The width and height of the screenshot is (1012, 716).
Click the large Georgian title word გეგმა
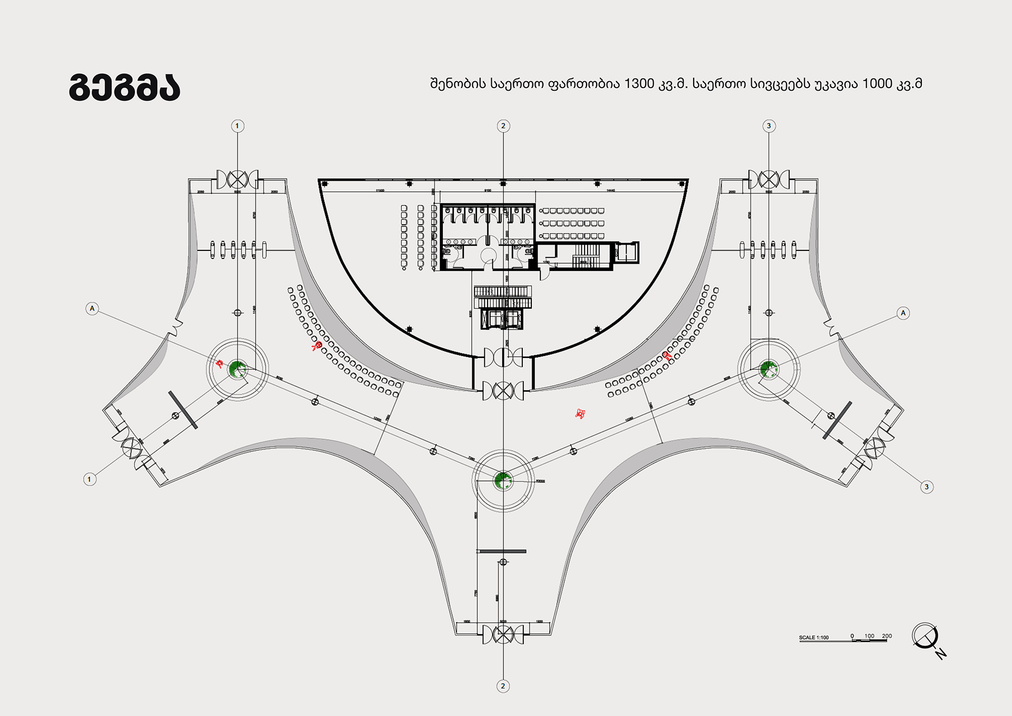[125, 87]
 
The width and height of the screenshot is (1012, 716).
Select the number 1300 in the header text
[639, 84]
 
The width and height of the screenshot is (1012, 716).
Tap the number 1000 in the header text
[877, 84]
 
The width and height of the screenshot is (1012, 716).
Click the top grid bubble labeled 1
[237, 126]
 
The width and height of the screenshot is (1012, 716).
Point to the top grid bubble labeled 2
[503, 126]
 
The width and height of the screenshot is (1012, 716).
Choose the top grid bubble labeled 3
[768, 126]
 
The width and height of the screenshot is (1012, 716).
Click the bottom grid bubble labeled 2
[503, 686]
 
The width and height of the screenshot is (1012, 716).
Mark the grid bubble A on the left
[92, 308]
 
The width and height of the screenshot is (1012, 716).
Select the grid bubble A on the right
[903, 313]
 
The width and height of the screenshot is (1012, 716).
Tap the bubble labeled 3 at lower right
[927, 487]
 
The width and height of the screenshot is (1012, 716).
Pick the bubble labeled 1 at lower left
[90, 479]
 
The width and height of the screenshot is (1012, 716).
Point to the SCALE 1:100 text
[813, 637]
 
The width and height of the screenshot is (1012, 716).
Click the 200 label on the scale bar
[887, 636]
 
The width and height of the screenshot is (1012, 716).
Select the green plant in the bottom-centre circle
[502, 480]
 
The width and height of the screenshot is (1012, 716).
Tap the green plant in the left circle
[237, 369]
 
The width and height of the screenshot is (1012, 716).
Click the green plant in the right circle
[768, 369]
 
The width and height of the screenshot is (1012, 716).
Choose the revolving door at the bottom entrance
[503, 634]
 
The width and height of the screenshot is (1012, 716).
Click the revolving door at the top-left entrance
[238, 180]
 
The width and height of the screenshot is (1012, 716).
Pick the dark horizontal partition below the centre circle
[501, 551]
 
